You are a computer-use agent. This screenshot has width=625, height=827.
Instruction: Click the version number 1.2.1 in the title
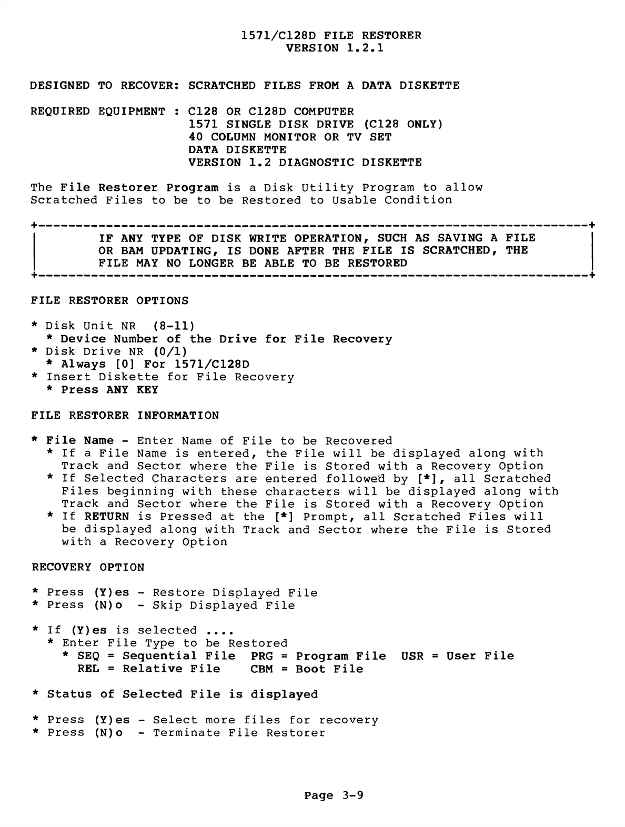365,48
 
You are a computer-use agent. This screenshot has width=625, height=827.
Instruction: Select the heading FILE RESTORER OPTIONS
109,301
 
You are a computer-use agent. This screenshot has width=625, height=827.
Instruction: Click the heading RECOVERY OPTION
88,567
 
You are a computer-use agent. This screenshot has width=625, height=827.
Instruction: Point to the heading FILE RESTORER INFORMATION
125,416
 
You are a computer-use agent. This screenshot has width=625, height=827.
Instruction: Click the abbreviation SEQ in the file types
88,656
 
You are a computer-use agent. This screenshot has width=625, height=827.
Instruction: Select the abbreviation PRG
261,656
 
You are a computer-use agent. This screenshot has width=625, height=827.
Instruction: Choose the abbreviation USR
412,656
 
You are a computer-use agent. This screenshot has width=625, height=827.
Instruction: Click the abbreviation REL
88,669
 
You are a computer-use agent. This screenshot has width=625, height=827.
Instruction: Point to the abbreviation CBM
261,669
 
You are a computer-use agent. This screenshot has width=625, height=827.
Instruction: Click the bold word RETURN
106,517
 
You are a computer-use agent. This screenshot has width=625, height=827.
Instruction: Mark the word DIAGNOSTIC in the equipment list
316,163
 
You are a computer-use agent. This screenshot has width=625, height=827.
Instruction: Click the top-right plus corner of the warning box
592,226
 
